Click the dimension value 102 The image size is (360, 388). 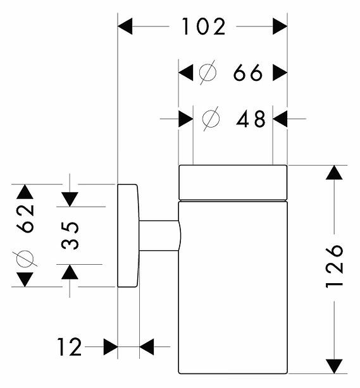(204, 27)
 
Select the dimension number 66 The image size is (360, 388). (248, 73)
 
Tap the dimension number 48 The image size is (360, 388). (251, 119)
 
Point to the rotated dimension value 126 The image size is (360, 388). (334, 267)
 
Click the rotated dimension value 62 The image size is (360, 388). (25, 218)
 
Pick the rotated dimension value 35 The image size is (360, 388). (70, 235)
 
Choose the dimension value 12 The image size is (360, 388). (69, 347)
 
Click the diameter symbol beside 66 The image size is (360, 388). (208, 73)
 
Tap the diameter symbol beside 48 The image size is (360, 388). (211, 119)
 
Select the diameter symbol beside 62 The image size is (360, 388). (25, 259)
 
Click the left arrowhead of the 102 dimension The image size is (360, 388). (125, 26)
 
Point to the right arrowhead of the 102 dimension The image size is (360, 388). (280, 26)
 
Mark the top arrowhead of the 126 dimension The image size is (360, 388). (334, 173)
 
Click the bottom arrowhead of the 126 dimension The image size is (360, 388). (334, 367)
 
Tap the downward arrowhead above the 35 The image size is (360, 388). (70, 200)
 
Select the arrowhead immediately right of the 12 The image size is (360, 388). (111, 347)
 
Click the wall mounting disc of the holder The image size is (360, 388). (128, 236)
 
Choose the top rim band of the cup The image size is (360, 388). (233, 183)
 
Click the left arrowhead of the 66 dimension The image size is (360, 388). (185, 73)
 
